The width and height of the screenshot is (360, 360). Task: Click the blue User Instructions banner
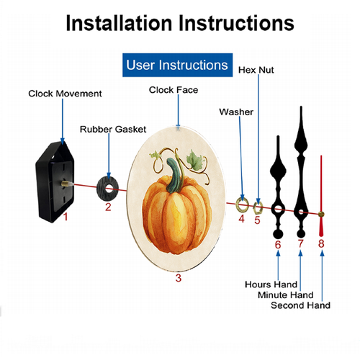(x=177, y=65)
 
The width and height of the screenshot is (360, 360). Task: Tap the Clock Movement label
(x=65, y=94)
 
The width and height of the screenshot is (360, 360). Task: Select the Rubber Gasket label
(x=113, y=130)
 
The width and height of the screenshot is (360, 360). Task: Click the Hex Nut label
(x=256, y=70)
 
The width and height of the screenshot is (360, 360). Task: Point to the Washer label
(x=236, y=112)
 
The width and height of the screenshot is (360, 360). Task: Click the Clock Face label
(x=174, y=90)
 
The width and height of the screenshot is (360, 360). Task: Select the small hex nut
(x=258, y=208)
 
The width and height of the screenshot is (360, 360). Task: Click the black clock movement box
(x=55, y=182)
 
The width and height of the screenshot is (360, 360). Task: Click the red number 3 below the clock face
(x=179, y=278)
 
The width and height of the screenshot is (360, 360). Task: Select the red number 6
(x=278, y=245)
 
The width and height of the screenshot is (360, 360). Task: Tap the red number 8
(x=321, y=243)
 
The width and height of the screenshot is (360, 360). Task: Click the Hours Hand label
(x=271, y=284)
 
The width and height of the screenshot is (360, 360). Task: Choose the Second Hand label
(x=300, y=305)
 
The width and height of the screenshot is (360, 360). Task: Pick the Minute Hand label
(x=286, y=295)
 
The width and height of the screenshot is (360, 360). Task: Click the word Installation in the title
(x=120, y=23)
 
